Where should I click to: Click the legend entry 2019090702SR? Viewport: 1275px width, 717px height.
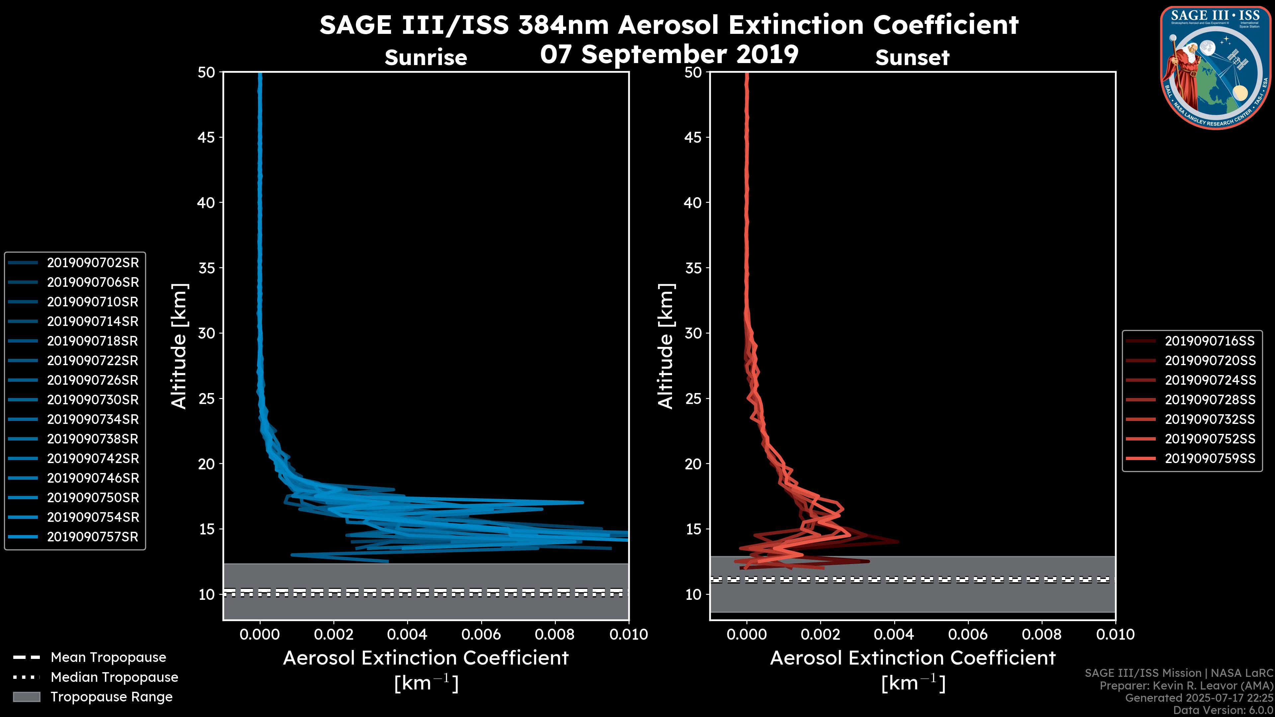(x=93, y=263)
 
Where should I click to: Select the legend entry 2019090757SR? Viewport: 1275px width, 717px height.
(x=93, y=537)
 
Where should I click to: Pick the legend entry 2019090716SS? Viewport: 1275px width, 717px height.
(x=1210, y=341)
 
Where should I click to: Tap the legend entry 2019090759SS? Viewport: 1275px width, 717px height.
(x=1210, y=459)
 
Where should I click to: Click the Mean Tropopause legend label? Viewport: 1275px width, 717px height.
(x=108, y=658)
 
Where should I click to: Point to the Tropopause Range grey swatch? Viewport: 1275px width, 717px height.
(x=27, y=697)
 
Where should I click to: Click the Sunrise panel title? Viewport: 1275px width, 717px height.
(x=426, y=58)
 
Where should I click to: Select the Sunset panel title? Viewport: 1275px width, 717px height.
(x=912, y=58)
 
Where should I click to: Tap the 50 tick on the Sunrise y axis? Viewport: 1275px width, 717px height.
(x=207, y=72)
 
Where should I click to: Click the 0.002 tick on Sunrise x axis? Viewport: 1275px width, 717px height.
(x=333, y=634)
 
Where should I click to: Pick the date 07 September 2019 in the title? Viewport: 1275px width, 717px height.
(x=669, y=54)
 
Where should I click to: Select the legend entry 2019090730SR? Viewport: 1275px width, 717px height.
(x=93, y=400)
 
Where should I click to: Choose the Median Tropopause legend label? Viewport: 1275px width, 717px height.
(x=114, y=677)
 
